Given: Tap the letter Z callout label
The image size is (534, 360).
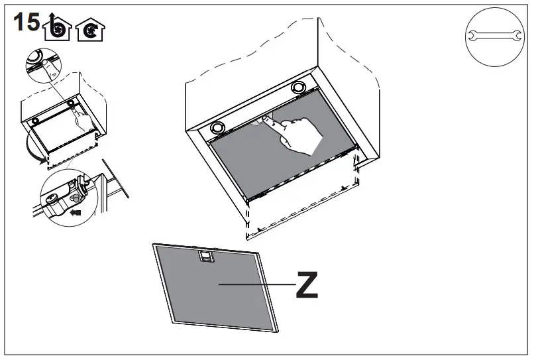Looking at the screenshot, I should click(306, 285).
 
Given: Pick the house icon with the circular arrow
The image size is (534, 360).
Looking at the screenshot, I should click(89, 30).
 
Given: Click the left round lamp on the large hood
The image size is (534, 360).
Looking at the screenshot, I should click(217, 127).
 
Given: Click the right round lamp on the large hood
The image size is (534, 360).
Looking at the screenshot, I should click(299, 87).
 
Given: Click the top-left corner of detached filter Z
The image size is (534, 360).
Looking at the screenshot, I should click(154, 245).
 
